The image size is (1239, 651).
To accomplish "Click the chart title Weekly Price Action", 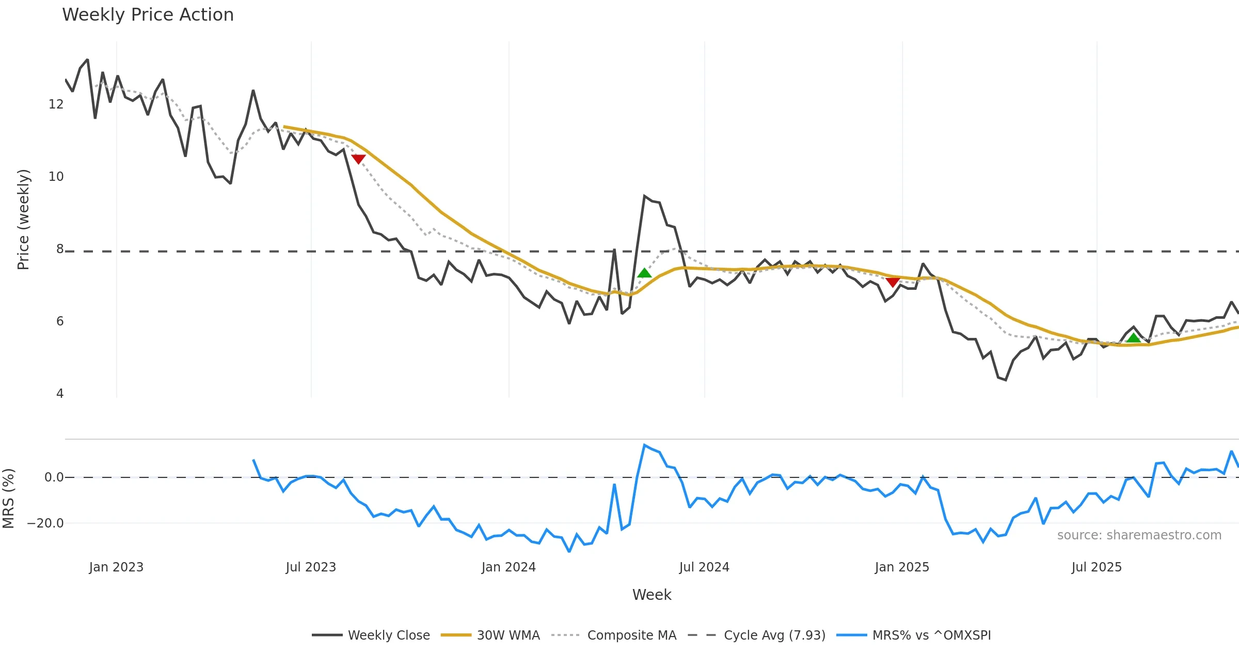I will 148,15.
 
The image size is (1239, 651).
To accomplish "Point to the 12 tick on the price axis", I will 56,104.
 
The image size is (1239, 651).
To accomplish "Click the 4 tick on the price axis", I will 60,394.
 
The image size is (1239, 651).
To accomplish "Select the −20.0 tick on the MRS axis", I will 45,523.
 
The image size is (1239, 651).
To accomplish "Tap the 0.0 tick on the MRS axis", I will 54,477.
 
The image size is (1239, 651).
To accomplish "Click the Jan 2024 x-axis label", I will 509,567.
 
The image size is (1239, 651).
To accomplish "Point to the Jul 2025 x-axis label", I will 1097,567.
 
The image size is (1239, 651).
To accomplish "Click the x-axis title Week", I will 652,595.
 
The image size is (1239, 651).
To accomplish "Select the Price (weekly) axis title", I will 23,220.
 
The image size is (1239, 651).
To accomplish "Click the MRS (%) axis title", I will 8,499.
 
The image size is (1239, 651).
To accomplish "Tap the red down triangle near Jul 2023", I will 358,159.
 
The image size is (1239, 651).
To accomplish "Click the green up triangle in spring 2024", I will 644,273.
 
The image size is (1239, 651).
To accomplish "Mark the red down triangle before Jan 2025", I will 893,282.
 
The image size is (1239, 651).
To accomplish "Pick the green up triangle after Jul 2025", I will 1133,338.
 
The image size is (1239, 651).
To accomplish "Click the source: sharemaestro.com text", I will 1139,535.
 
